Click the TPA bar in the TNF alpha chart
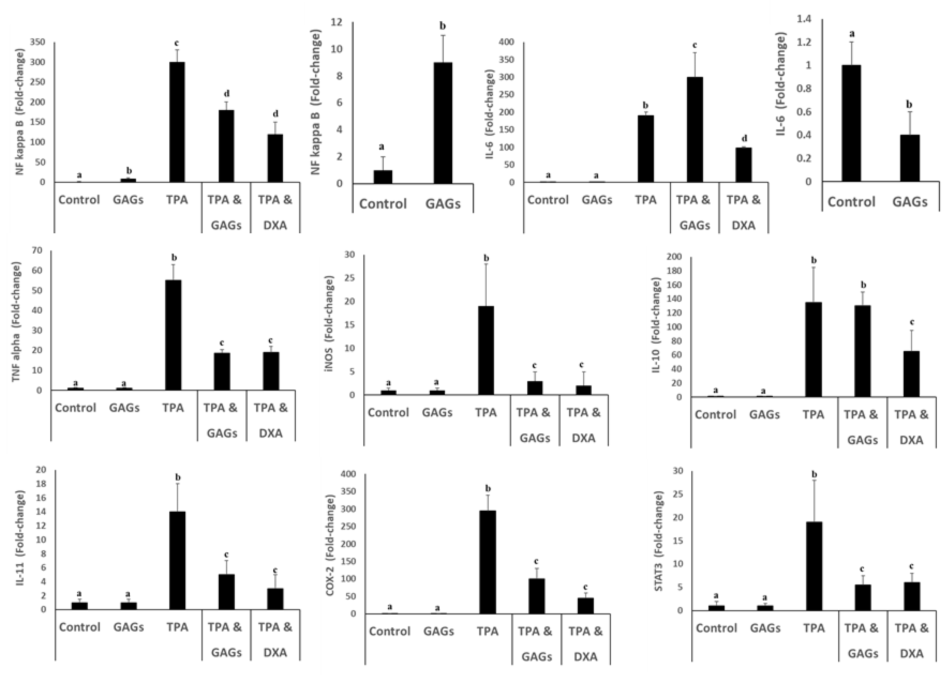173,335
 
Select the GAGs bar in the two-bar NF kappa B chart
443,123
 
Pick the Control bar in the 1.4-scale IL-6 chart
851,123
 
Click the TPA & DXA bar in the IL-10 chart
911,374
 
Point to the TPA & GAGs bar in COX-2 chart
536,596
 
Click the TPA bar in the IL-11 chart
178,560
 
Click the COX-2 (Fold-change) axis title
330,545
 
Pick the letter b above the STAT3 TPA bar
814,474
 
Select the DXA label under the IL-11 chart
275,652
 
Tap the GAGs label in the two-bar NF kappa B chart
443,204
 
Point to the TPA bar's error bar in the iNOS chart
486,285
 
